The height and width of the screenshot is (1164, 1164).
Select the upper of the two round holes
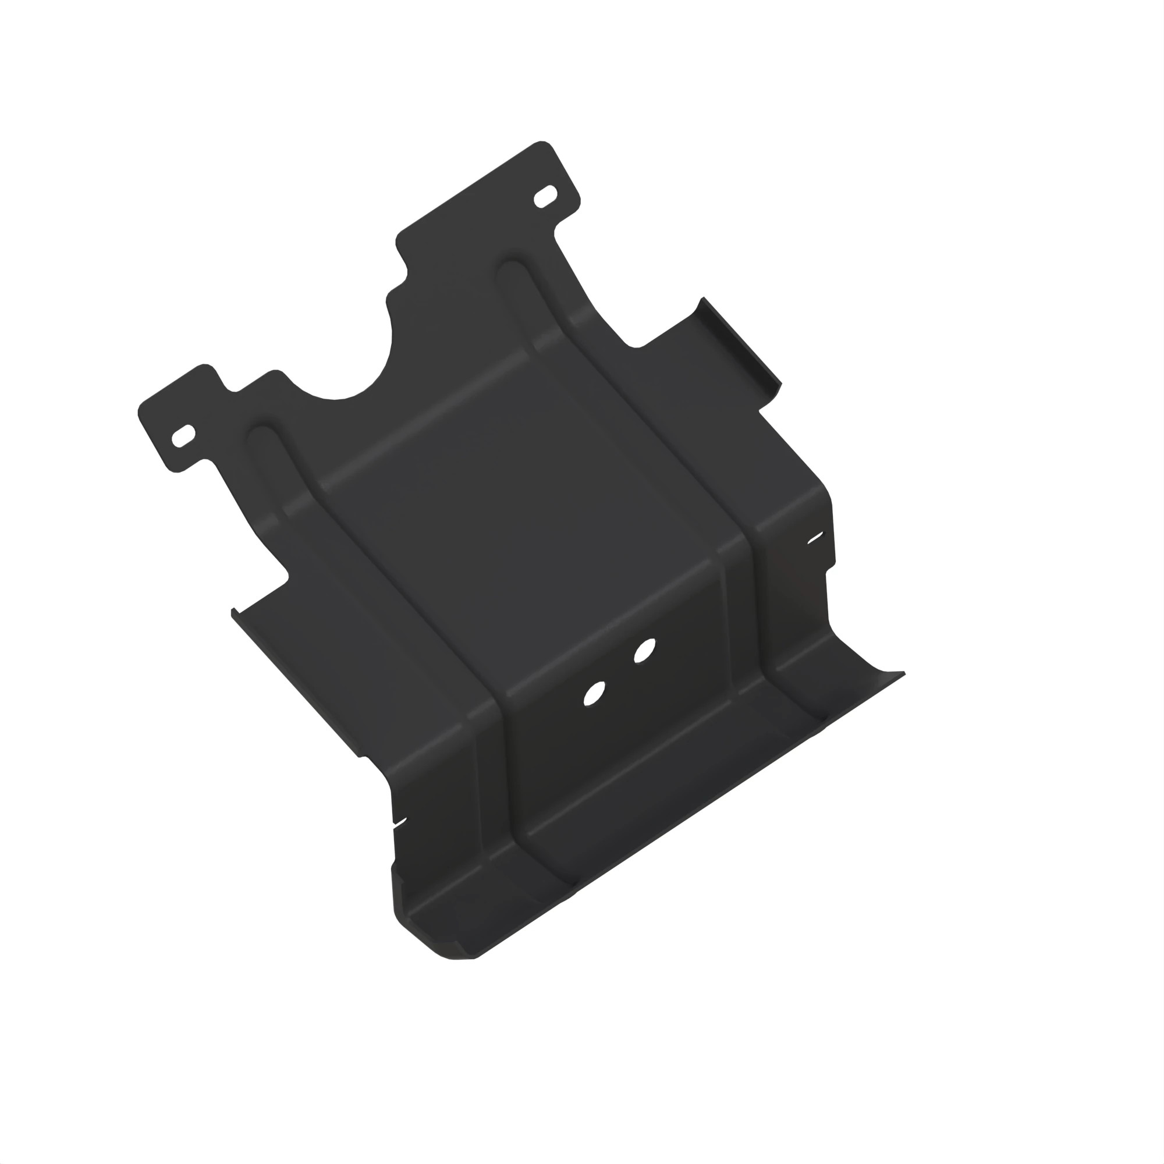tap(644, 650)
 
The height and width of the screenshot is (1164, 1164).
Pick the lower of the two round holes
tap(594, 694)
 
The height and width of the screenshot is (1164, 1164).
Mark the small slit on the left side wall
tap(399, 822)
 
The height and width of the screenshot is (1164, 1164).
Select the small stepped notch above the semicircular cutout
tap(401, 283)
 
